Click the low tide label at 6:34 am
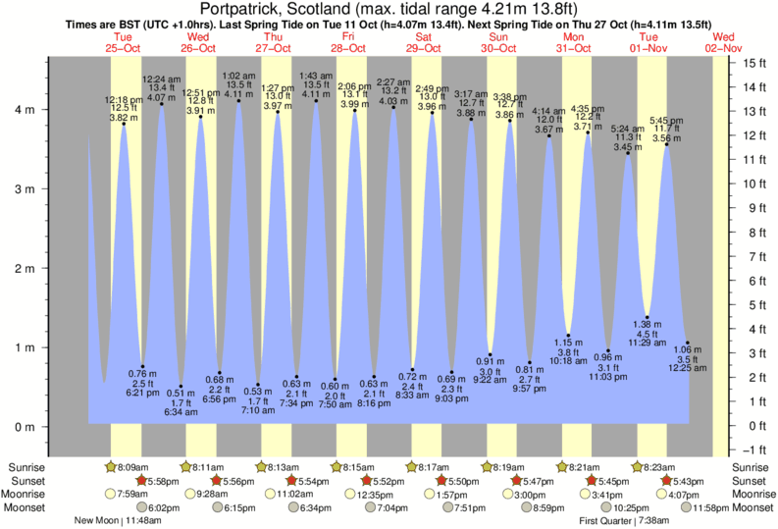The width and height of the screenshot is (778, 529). tap(181, 402)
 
